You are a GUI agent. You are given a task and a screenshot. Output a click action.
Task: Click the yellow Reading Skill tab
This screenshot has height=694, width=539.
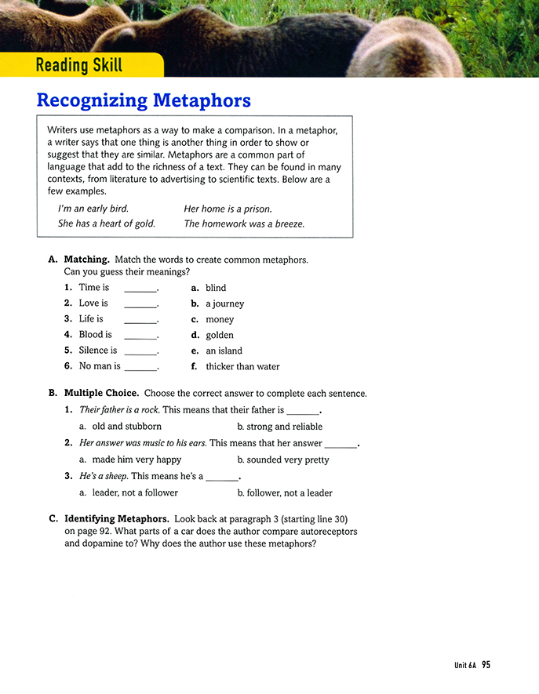79,64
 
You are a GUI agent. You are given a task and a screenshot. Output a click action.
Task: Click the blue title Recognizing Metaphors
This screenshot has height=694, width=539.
144,100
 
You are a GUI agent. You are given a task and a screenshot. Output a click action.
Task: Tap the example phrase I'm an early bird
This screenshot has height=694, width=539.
93,209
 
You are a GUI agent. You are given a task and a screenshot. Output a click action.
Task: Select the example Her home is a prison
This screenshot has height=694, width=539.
228,209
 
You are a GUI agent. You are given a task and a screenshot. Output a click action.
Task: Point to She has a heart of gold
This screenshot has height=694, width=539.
107,223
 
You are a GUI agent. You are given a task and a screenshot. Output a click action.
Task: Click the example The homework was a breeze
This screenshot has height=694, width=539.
244,223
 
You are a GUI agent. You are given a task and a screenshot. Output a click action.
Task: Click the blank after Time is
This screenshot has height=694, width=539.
141,288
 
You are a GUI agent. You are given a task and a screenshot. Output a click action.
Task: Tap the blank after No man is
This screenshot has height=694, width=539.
141,366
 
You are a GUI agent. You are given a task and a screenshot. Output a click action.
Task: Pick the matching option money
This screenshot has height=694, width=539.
220,319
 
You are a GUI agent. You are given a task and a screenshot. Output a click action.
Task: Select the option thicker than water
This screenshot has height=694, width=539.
242,366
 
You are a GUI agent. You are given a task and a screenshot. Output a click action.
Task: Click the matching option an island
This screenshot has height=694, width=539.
224,351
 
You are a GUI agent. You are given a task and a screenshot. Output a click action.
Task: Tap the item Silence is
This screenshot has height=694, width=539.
97,351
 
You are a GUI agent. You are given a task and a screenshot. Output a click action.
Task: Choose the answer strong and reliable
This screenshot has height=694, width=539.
284,427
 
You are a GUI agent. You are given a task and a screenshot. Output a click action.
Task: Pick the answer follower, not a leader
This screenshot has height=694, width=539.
290,493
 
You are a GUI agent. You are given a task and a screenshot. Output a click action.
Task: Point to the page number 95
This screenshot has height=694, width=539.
486,665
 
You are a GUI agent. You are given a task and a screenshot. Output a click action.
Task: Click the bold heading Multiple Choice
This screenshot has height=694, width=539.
101,394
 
